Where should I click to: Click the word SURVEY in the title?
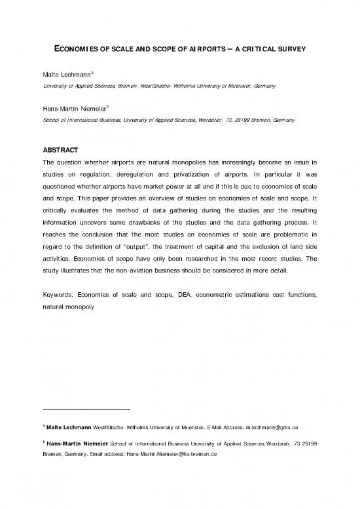tap(293, 49)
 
